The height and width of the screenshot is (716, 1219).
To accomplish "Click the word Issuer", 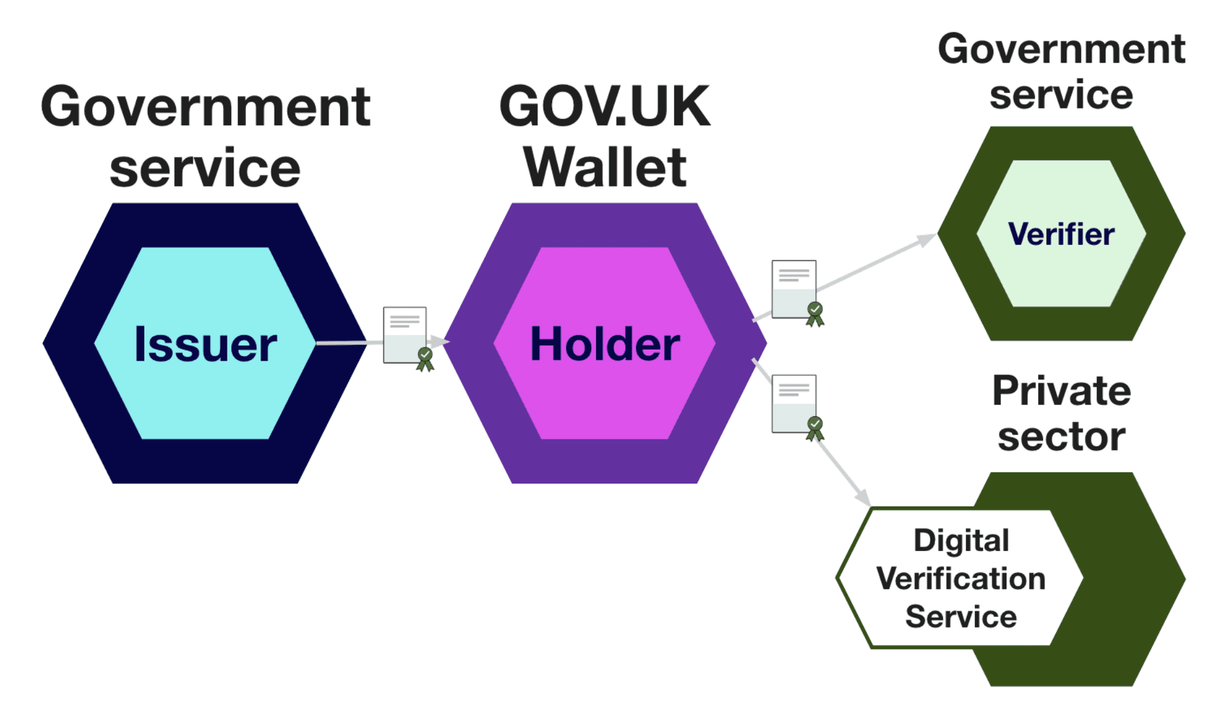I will tap(205, 344).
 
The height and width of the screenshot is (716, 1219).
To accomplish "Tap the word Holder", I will tap(605, 344).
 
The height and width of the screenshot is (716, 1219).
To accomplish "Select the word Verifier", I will tap(1061, 234).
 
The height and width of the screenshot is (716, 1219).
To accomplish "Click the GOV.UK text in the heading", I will tap(604, 107).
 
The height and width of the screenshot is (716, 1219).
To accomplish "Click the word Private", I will tap(1062, 391).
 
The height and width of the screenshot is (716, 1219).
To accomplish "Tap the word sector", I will tap(1062, 437).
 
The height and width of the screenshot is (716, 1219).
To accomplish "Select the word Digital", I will tap(961, 541).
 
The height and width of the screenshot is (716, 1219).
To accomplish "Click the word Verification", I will tap(961, 579).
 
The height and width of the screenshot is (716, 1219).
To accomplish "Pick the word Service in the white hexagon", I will tap(961, 617).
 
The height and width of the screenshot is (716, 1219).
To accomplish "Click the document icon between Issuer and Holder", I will tap(405, 335).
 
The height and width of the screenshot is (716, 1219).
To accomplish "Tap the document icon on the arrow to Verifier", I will tap(793, 289).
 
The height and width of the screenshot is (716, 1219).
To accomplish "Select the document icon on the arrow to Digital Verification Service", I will tap(793, 404).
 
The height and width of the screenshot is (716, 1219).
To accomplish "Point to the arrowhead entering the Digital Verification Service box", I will tap(863, 498).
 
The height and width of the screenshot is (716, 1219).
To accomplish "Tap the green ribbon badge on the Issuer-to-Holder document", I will tap(425, 359).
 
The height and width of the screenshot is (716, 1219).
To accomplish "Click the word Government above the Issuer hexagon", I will tap(205, 107).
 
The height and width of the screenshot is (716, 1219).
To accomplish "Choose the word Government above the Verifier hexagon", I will tap(1061, 49).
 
